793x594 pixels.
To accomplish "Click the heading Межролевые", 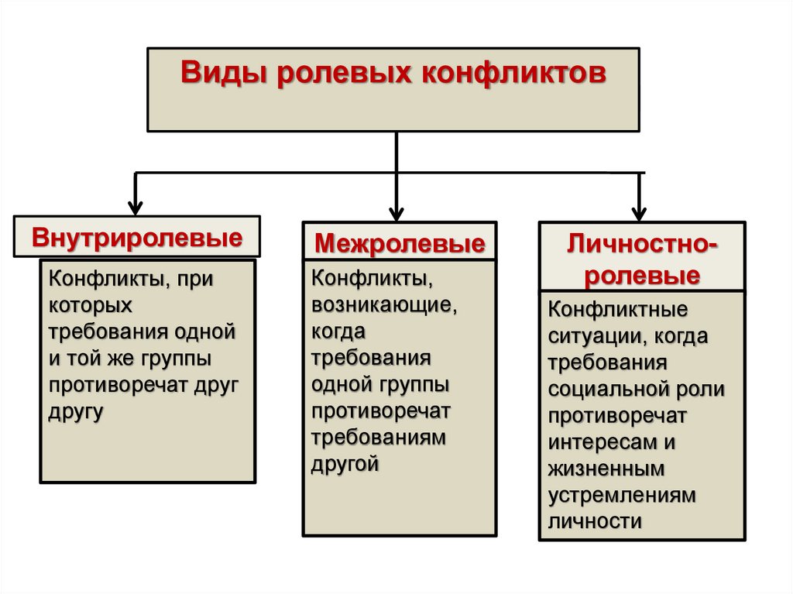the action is click(x=400, y=245).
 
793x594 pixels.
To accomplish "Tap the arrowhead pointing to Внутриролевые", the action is click(x=136, y=207).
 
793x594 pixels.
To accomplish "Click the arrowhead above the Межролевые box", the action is click(x=396, y=212).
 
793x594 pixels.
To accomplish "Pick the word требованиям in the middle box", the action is click(x=379, y=438).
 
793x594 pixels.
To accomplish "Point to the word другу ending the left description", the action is click(x=77, y=411).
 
